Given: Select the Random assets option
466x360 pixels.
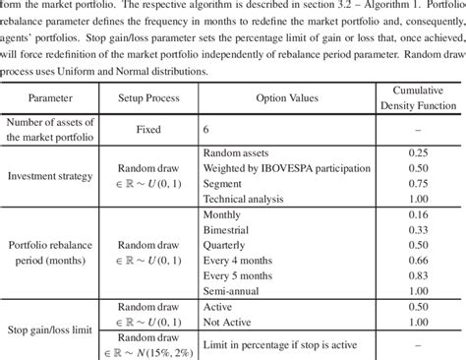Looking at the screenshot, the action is (237, 152).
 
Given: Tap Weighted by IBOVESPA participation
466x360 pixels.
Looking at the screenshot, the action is (278, 168).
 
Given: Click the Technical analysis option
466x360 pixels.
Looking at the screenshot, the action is (244, 200).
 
